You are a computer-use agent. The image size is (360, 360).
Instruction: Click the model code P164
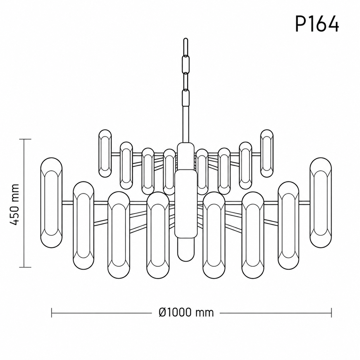[x=317, y=24]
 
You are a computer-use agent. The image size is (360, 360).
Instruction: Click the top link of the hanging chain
[x=186, y=48]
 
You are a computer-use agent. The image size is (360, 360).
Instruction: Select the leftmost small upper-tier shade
[x=105, y=153]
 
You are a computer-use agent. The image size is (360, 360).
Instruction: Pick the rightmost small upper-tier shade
[x=267, y=153]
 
